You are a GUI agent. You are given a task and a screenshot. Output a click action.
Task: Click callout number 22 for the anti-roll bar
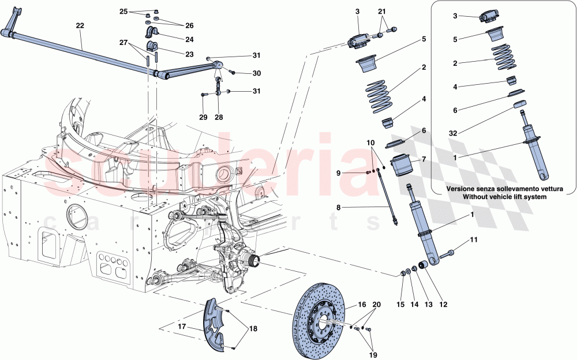coord(80,25)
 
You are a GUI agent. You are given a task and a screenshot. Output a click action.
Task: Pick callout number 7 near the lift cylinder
coord(423,159)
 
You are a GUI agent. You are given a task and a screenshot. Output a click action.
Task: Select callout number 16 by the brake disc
coord(362,305)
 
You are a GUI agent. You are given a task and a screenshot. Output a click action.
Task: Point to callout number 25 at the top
coord(123,12)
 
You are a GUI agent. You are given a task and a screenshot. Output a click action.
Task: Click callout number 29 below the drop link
coord(203,118)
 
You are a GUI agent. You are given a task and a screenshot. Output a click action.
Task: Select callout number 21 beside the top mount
coord(382,12)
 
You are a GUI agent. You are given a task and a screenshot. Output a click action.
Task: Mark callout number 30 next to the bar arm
coord(256,73)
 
